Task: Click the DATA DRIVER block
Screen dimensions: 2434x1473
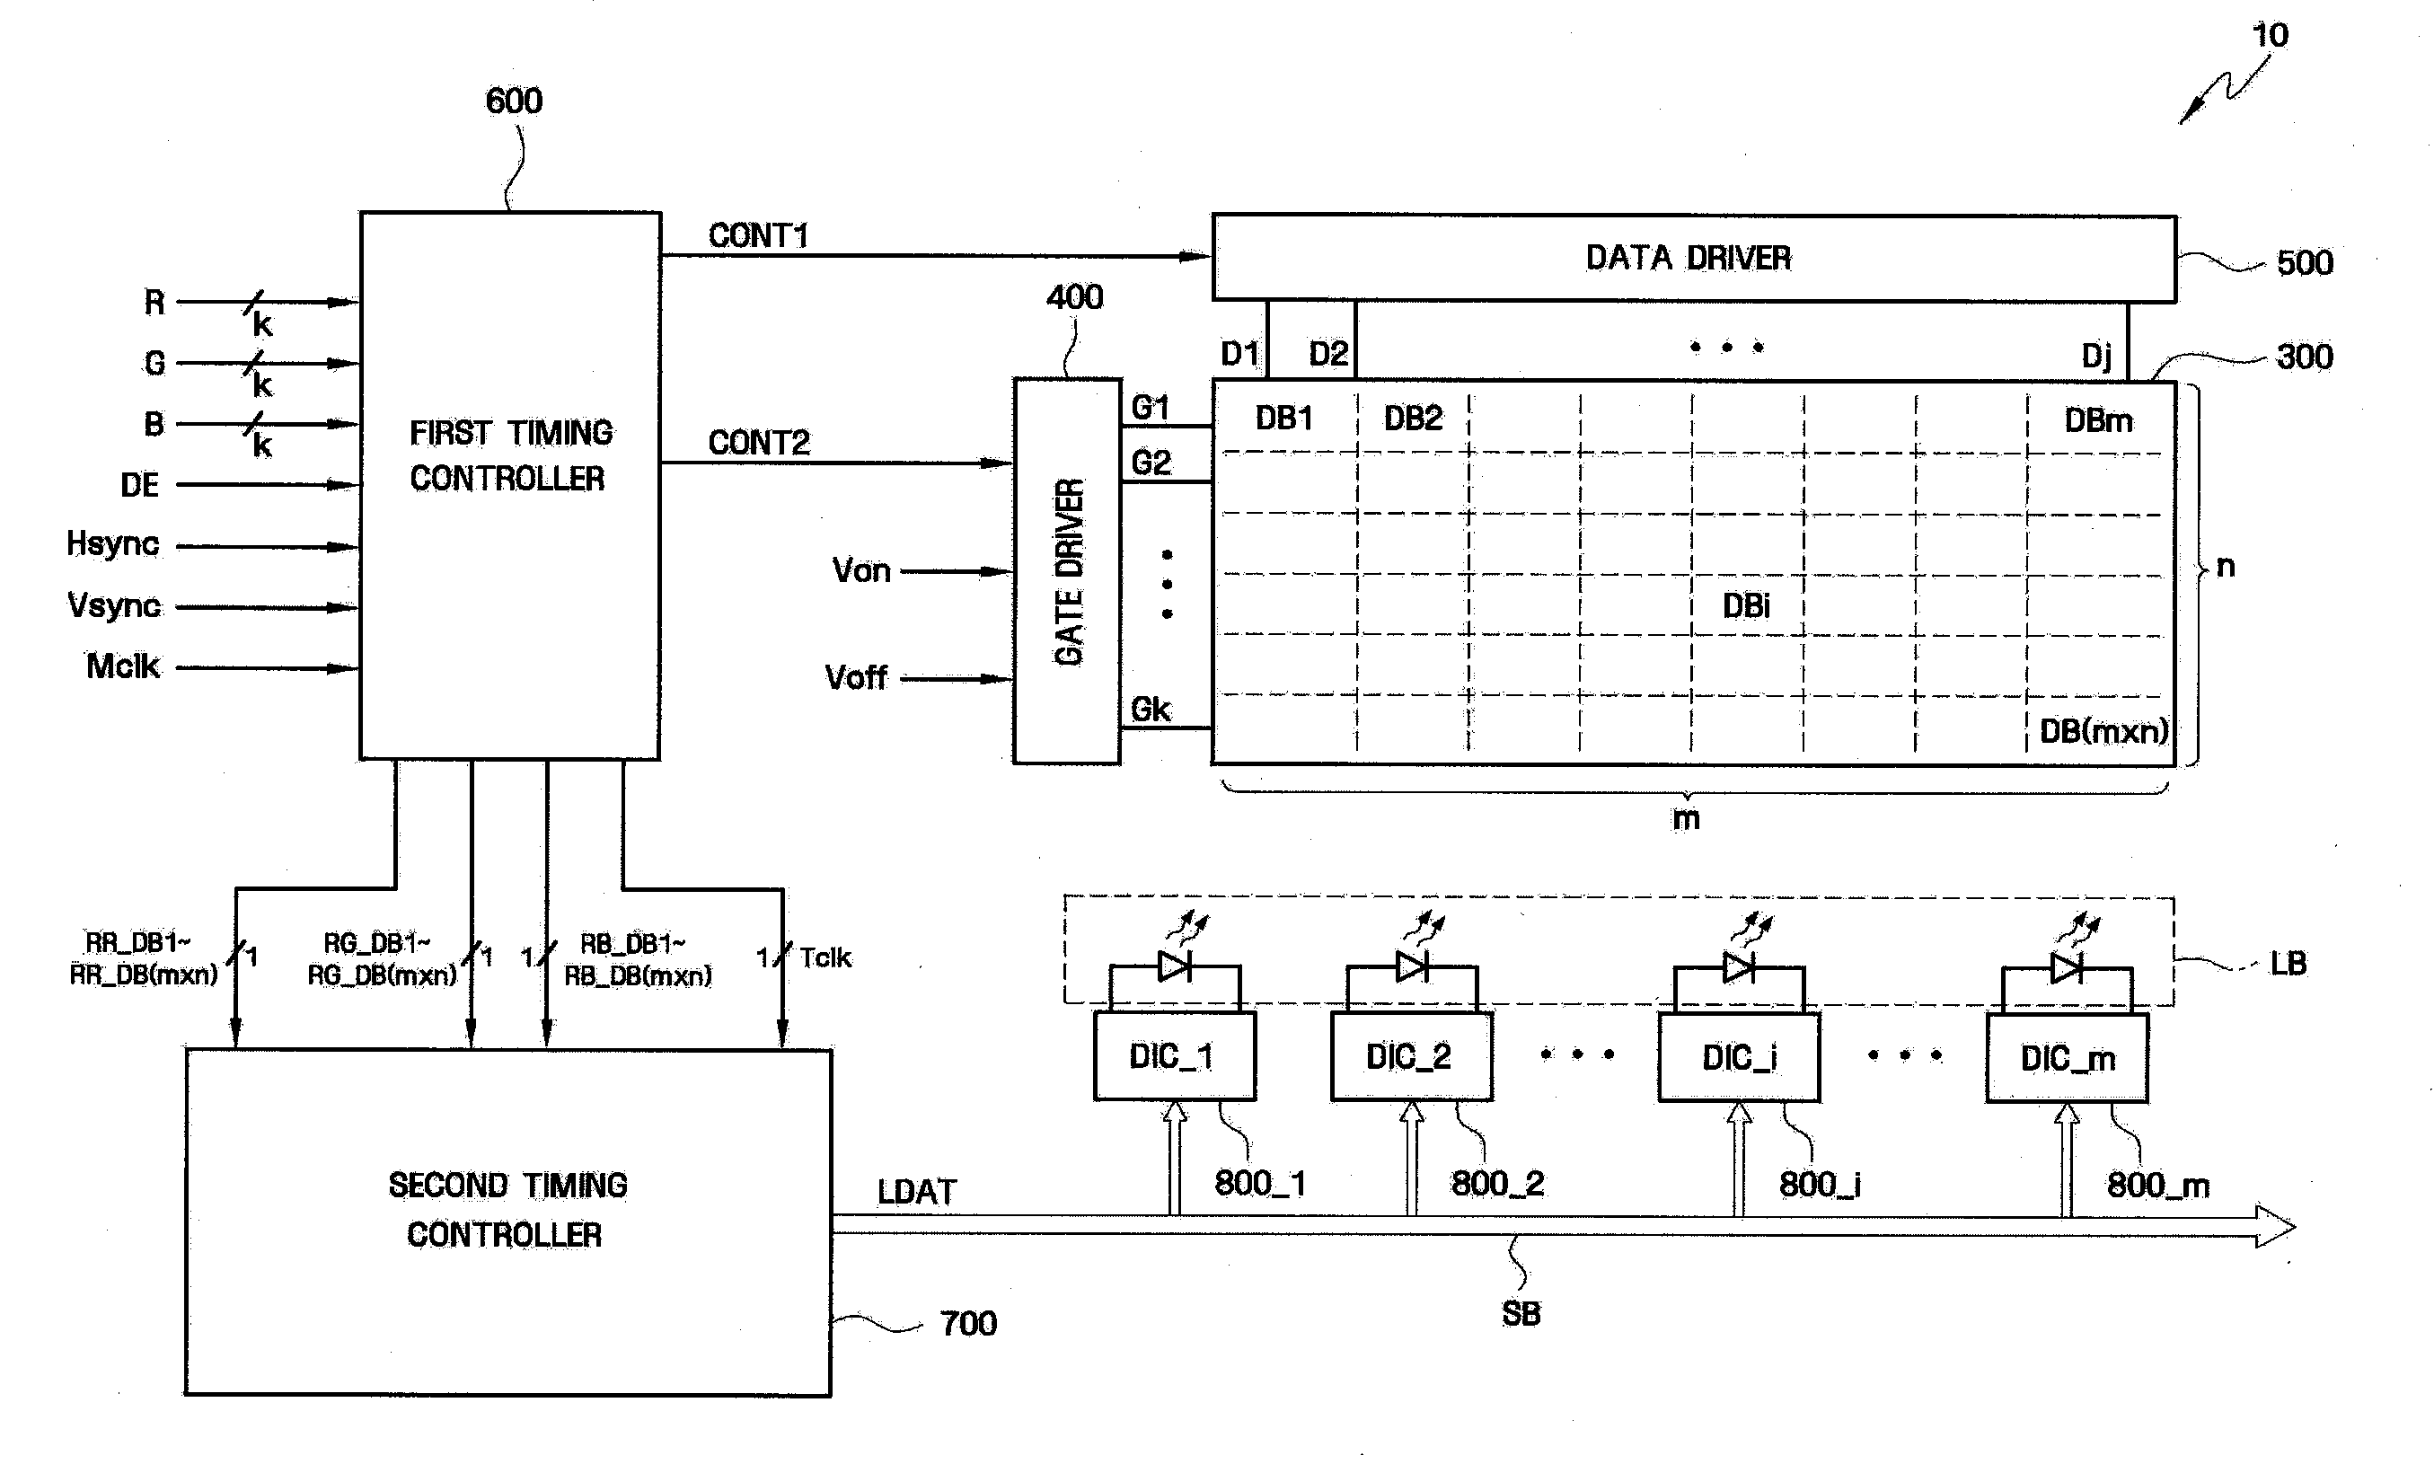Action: [x=1694, y=258]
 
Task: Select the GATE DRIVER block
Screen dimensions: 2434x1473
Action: [x=1067, y=570]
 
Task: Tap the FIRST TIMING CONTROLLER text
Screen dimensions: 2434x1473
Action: [x=510, y=455]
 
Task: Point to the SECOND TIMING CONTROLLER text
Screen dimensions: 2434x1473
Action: [x=507, y=1209]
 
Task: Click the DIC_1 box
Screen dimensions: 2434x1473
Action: [x=1175, y=1055]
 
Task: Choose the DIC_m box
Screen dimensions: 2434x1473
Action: [x=2067, y=1057]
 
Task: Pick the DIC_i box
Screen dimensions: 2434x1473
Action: [x=1739, y=1057]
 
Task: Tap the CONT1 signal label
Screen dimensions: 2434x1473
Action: [x=758, y=235]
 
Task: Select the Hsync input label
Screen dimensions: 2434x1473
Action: [x=112, y=543]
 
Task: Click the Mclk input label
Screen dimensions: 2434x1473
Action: [x=122, y=666]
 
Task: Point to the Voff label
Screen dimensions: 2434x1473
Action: [x=855, y=678]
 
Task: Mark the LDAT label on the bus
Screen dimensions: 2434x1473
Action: [x=917, y=1192]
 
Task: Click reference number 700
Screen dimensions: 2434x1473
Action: [x=968, y=1323]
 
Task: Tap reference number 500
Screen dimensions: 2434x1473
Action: [x=2305, y=263]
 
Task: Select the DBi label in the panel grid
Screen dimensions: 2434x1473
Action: [x=1745, y=605]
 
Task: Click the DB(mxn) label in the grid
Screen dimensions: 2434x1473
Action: [x=2103, y=731]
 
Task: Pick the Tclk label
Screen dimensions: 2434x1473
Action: [x=825, y=957]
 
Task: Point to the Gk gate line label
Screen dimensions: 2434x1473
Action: [x=1150, y=710]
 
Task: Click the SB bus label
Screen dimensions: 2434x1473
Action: [x=1521, y=1314]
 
